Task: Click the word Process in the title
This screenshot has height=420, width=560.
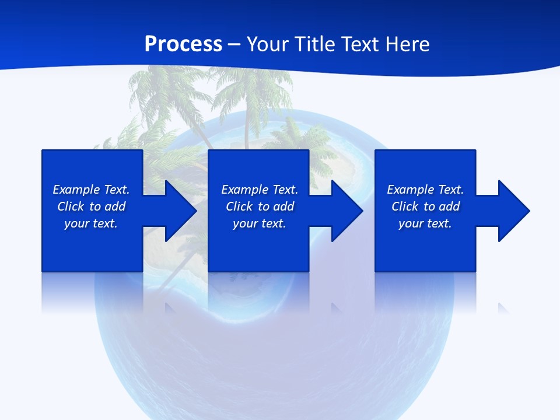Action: [183, 44]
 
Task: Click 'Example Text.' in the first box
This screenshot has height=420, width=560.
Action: [91, 190]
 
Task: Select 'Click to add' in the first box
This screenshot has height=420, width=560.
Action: [91, 206]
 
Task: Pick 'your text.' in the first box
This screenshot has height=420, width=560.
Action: [91, 223]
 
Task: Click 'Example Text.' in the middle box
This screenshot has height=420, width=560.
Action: [260, 190]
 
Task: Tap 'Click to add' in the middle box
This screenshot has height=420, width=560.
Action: [260, 206]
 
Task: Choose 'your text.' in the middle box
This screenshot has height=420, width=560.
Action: [260, 223]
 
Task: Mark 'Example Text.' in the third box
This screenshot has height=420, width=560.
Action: [425, 190]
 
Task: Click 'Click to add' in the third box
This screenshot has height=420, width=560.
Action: [425, 206]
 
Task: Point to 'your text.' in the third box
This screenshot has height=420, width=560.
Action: [425, 223]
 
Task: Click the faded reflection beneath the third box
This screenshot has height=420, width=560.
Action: [425, 292]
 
